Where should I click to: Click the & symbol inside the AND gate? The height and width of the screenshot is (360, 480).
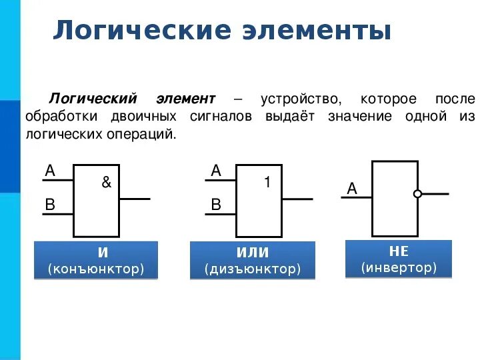tap(106, 182)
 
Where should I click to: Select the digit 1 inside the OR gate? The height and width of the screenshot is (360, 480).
tap(267, 182)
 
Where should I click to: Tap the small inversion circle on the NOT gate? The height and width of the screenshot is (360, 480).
tap(417, 194)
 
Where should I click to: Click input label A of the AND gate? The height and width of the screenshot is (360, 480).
tap(49, 171)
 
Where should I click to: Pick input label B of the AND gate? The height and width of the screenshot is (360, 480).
tap(49, 205)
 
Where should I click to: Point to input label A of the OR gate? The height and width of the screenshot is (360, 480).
tap(215, 171)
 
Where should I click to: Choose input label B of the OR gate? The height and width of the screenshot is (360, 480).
tap(215, 205)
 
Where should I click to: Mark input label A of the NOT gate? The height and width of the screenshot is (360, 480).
tap(351, 189)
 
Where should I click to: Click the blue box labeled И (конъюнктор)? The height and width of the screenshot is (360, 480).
tap(96, 261)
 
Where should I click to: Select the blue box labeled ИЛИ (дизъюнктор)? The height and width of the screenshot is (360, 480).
tap(253, 261)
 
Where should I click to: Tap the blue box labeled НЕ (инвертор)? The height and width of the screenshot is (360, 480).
tap(399, 259)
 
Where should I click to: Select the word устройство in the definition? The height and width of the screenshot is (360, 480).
tap(300, 99)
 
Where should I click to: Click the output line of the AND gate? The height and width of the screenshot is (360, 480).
tap(135, 199)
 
